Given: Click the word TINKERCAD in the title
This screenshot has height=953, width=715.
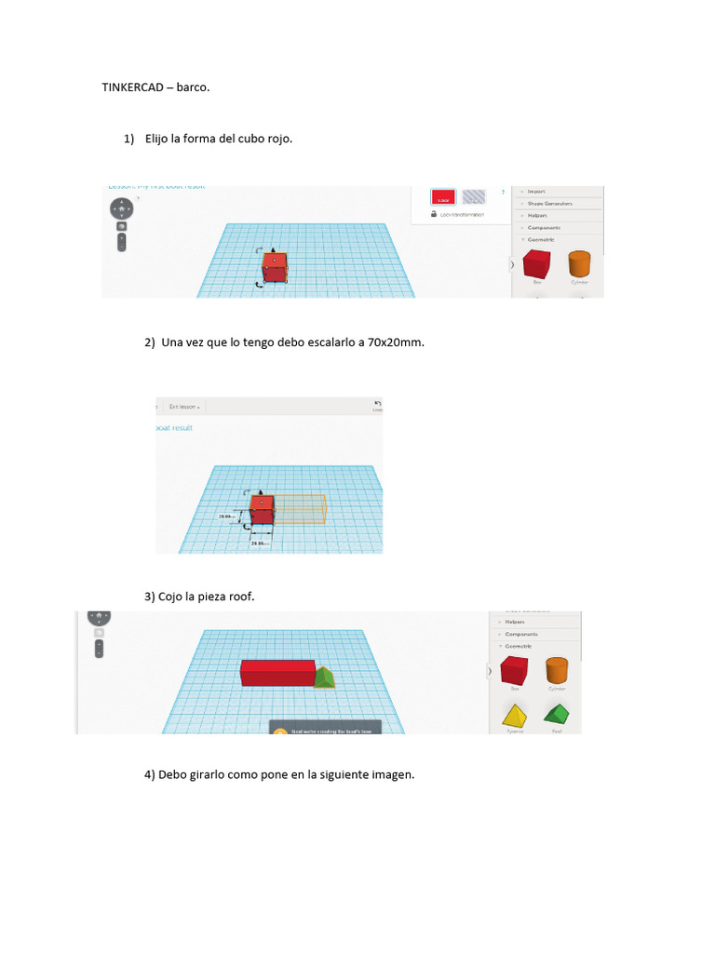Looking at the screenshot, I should (x=131, y=87).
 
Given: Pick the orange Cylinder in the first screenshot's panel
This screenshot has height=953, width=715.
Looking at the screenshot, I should (x=579, y=263).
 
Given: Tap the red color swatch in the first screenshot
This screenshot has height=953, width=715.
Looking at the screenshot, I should (x=443, y=196).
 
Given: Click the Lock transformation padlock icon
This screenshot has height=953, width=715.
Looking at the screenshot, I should (x=434, y=214).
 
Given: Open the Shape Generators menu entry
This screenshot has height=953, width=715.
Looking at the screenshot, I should (x=549, y=203).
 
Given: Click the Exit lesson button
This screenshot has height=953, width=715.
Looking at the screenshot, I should (x=184, y=407).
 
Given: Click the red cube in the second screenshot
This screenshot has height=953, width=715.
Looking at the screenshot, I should (x=263, y=509).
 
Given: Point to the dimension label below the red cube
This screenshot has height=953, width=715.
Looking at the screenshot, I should (x=260, y=543).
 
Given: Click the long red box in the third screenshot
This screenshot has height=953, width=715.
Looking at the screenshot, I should (x=277, y=672).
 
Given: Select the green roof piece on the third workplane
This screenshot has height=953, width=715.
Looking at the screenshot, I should (x=324, y=677).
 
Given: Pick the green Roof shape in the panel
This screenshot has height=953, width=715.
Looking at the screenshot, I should (x=557, y=715).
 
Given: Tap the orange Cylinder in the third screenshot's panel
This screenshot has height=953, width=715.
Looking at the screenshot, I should (x=557, y=671).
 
